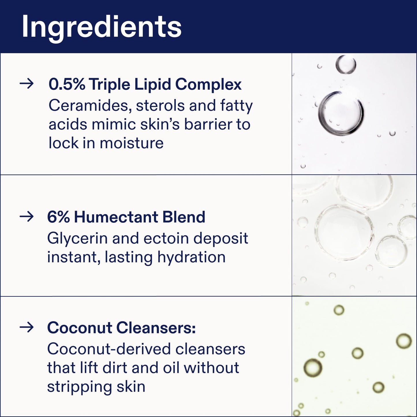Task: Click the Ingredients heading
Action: click(102, 27)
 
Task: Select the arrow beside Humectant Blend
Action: click(27, 216)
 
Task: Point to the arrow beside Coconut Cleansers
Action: click(27, 327)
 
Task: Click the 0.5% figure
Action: click(67, 84)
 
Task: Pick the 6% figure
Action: click(58, 217)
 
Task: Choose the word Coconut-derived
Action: click(109, 349)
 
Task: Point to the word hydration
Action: click(191, 257)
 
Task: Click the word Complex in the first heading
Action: click(208, 84)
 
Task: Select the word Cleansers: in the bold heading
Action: click(156, 328)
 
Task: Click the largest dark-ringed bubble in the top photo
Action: click(341, 113)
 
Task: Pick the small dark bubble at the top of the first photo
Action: click(346, 64)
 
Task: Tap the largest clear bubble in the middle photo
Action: click(344, 232)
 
